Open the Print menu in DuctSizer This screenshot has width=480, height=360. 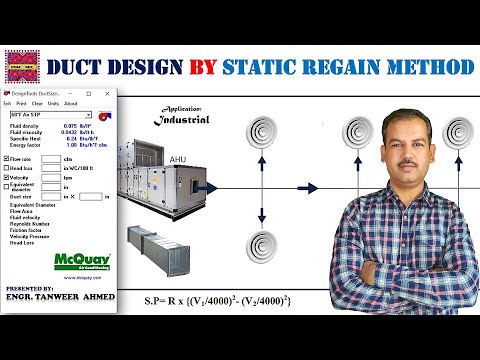pos(21,104)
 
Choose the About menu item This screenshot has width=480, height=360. pos(70,104)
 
